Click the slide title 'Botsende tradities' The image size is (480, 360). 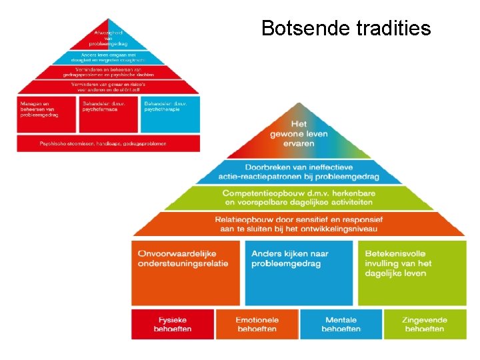(x=345, y=28)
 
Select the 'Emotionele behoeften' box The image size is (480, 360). (x=257, y=324)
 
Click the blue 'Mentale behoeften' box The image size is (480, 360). (x=341, y=324)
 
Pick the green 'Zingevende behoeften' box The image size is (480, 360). (x=425, y=324)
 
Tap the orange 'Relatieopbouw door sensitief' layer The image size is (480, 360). (x=299, y=224)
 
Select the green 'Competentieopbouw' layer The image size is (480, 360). (x=299, y=197)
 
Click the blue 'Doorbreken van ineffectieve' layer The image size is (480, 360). (x=299, y=172)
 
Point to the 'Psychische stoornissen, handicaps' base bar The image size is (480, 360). (x=108, y=143)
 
